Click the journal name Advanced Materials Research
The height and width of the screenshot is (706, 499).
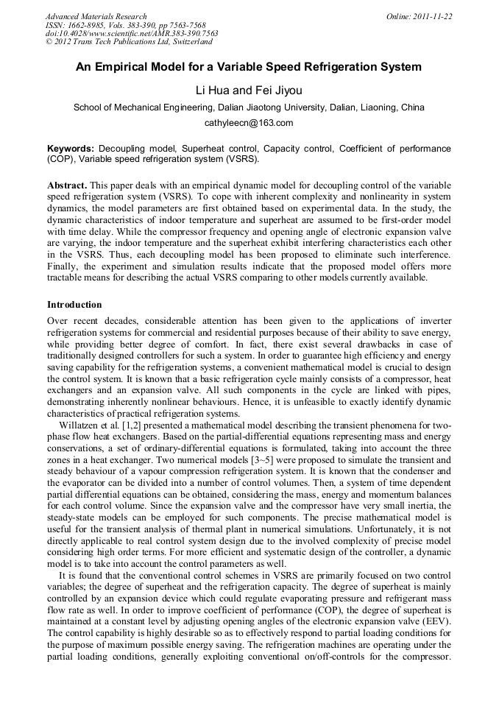pos(96,16)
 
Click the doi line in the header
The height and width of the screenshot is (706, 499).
pos(132,34)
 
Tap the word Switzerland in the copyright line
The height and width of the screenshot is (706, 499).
pos(188,42)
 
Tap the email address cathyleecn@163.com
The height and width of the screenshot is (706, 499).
pos(249,123)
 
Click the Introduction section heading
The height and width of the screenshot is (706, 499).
pos(74,304)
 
